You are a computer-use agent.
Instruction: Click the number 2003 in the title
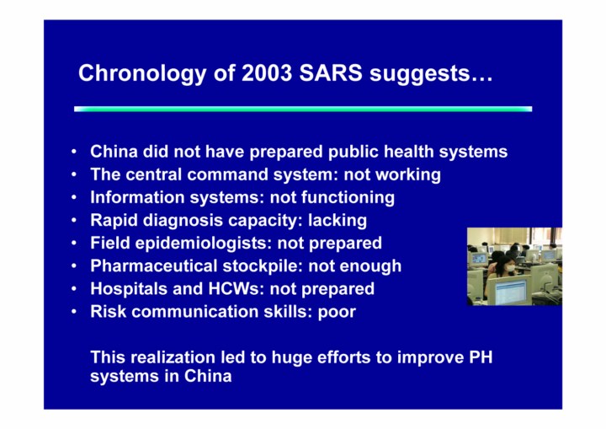tap(267, 72)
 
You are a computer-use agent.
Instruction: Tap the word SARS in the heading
tap(331, 72)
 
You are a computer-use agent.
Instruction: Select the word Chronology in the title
tap(142, 74)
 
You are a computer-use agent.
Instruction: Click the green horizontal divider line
tap(303, 110)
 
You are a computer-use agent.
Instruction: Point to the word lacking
tap(338, 220)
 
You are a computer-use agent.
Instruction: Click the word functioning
tap(348, 197)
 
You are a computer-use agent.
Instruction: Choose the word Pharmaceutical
tap(154, 266)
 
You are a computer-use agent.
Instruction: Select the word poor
tap(337, 313)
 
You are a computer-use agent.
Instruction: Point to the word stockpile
tap(263, 266)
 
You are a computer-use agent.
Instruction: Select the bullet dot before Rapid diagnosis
tap(74, 220)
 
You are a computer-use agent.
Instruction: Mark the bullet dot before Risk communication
tap(74, 312)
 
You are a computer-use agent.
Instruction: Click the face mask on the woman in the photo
tap(511, 268)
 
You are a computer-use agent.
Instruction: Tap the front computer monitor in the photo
tap(508, 291)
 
